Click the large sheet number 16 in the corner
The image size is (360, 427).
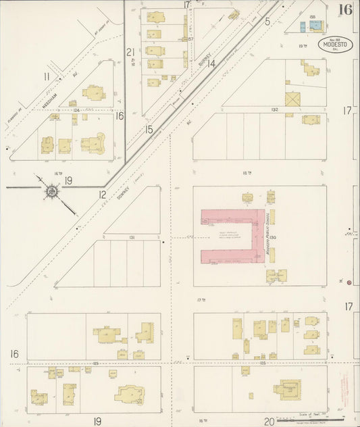(x=345, y=9)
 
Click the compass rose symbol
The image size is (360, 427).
(x=51, y=193)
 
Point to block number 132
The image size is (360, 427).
(x=274, y=109)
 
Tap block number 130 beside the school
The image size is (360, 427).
(x=275, y=236)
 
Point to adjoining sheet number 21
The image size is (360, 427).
(x=131, y=52)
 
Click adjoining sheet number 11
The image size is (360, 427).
(x=47, y=76)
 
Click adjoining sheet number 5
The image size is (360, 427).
(x=267, y=22)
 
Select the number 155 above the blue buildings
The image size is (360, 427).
(x=312, y=17)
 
